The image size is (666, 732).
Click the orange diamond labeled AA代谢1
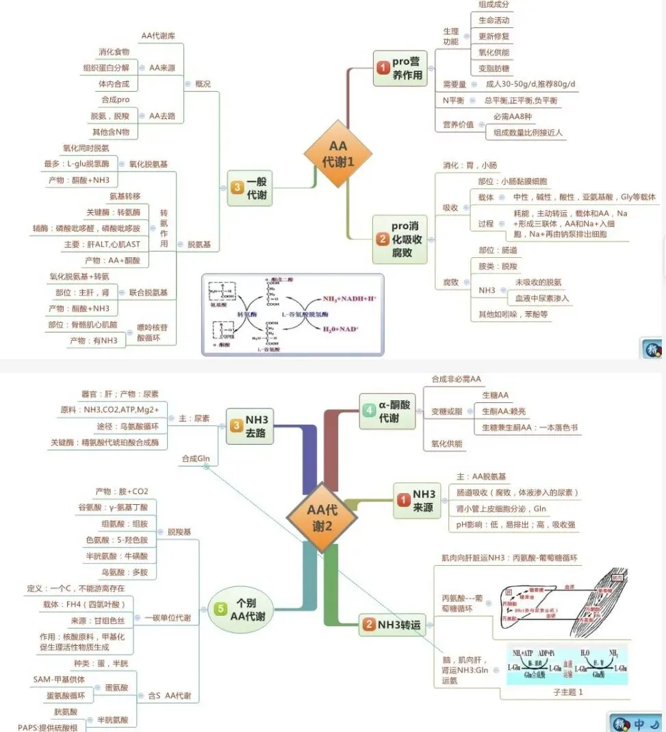click(338, 154)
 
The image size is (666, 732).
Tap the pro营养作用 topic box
click(400, 68)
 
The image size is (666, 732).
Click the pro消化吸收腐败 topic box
click(400, 239)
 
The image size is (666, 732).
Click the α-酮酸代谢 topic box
click(387, 410)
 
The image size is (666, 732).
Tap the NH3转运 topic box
click(391, 625)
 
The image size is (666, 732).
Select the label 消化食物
click(114, 52)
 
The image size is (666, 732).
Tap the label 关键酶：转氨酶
click(113, 212)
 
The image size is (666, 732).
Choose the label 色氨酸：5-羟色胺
click(117, 540)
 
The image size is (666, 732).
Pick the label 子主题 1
click(568, 692)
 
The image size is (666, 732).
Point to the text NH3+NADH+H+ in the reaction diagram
click(345, 299)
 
